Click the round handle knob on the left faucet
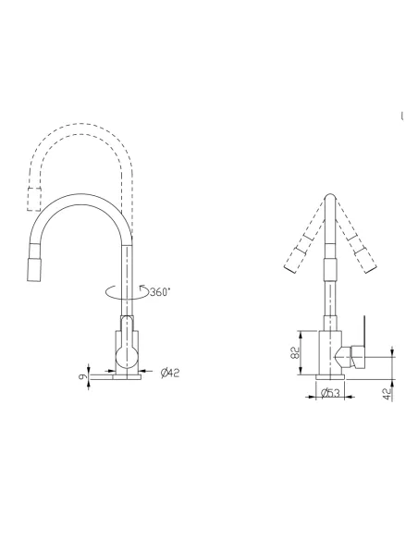coord(126,355)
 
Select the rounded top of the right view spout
coord(328,199)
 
